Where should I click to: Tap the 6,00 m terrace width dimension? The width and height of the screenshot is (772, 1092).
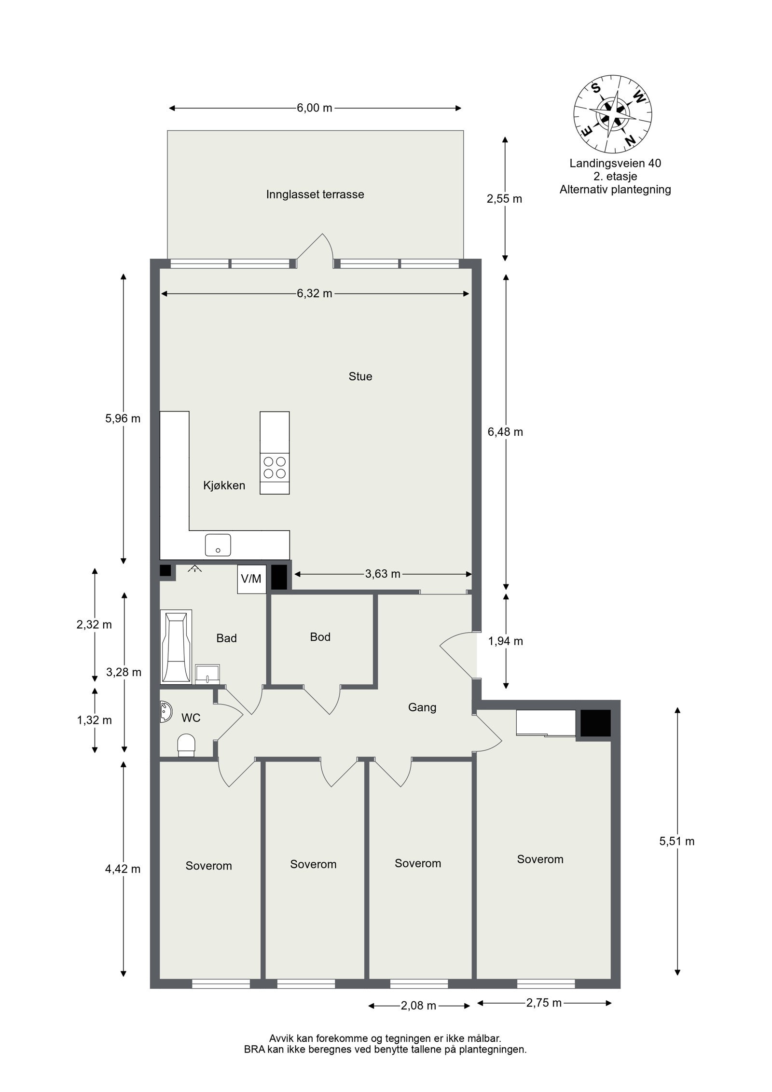click(314, 108)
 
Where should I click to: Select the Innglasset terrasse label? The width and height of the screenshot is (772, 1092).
click(315, 194)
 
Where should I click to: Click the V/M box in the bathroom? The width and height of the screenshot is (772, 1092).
click(251, 579)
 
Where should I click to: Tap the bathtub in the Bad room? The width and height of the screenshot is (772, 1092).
click(176, 647)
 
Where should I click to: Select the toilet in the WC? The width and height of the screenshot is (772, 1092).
click(186, 745)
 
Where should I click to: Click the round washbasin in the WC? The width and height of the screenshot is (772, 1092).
click(165, 712)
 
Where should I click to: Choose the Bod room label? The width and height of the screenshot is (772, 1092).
click(320, 637)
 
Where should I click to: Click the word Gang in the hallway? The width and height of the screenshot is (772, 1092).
click(422, 707)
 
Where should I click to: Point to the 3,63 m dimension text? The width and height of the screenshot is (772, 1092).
click(382, 574)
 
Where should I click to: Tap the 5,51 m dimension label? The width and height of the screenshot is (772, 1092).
click(676, 841)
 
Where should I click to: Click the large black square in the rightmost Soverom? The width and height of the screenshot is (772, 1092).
click(595, 723)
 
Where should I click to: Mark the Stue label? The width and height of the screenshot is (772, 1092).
click(360, 376)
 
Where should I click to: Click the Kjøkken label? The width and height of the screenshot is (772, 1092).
click(224, 485)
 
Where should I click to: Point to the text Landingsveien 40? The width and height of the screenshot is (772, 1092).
click(615, 163)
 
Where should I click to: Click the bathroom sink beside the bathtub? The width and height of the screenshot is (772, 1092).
click(208, 673)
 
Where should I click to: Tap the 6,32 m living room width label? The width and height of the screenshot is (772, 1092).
click(314, 293)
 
